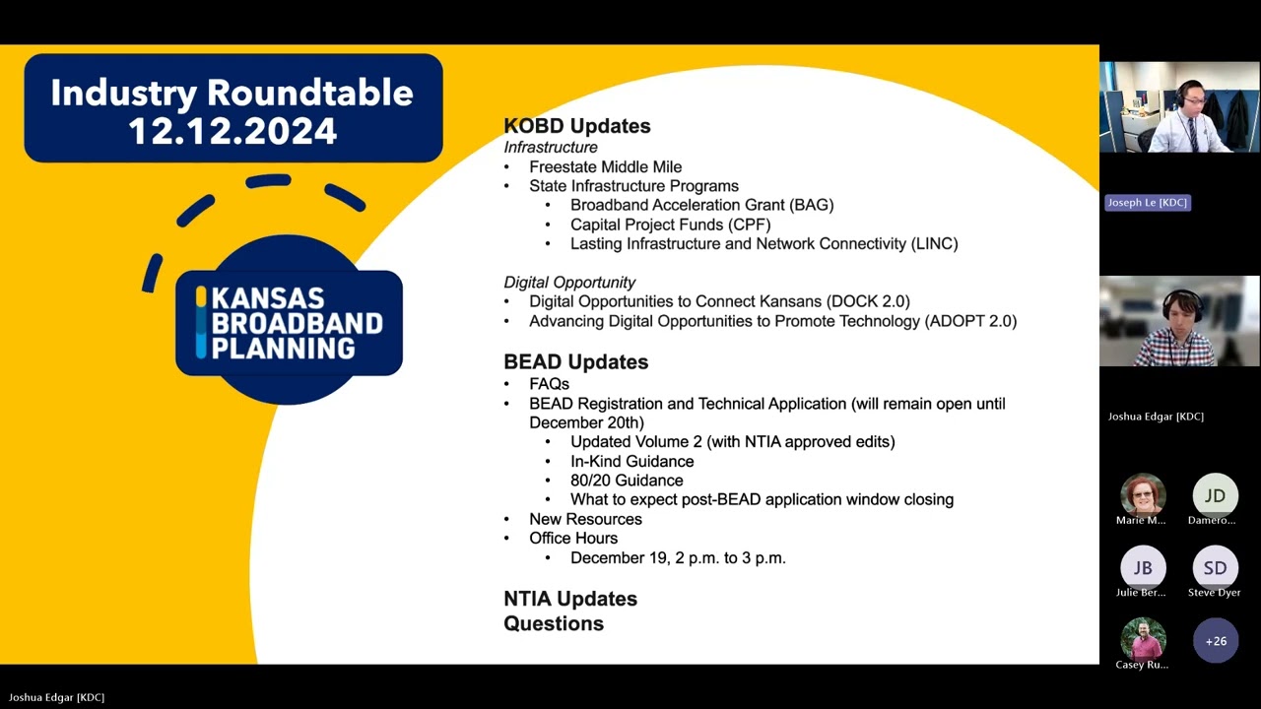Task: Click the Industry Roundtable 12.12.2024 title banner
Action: [x=233, y=110]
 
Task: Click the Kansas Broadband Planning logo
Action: [x=289, y=322]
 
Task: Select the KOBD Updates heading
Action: [x=576, y=126]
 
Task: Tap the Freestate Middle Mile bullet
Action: [x=605, y=166]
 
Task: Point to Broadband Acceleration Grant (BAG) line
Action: [x=701, y=205]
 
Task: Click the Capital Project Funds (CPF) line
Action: [x=670, y=225]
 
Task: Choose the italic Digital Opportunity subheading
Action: [x=569, y=283]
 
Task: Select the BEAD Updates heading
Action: [x=575, y=361]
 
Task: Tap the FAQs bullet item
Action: [x=549, y=384]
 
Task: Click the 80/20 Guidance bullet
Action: [x=627, y=481]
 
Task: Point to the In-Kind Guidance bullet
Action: [x=631, y=461]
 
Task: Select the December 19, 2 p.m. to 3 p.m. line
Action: [x=678, y=557]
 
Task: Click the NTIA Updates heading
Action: [x=570, y=599]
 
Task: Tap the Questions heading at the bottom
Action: [x=554, y=623]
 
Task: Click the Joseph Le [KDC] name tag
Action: [x=1147, y=202]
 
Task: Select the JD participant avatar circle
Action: [x=1215, y=494]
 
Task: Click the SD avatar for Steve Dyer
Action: [x=1215, y=567]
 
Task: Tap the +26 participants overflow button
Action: [x=1216, y=640]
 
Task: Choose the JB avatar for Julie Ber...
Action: [x=1143, y=567]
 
